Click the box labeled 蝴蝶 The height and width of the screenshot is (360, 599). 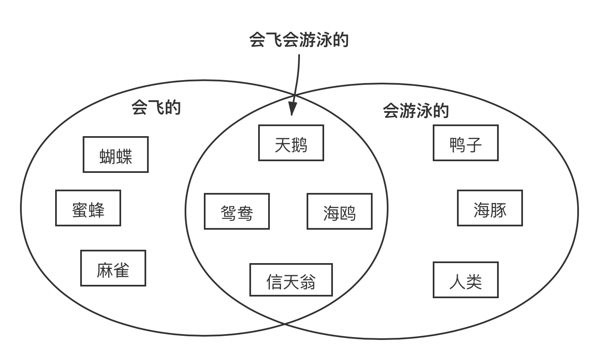click(116, 155)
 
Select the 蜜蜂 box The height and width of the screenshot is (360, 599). click(88, 208)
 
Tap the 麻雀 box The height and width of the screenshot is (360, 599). click(113, 268)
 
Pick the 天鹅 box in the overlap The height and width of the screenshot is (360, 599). click(291, 143)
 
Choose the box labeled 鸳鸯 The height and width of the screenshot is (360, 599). click(237, 211)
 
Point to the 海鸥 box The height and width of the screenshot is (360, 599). click(340, 211)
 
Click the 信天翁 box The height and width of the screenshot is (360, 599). click(291, 280)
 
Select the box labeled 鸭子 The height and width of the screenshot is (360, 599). click(466, 143)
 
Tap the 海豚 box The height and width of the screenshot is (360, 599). click(490, 208)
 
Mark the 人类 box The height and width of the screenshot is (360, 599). click(466, 280)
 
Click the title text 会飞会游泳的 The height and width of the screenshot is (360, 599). click(299, 40)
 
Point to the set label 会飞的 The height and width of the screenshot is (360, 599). click(156, 107)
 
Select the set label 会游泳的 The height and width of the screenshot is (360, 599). click(416, 111)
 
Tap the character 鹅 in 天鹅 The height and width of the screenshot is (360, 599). click(299, 145)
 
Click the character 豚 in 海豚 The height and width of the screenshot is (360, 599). click(498, 210)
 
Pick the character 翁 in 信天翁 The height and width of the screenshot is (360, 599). click(307, 282)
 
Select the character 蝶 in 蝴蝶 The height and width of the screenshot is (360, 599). click(124, 157)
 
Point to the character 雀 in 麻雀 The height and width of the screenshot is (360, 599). click(122, 270)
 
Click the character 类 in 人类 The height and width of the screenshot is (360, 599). click(474, 282)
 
